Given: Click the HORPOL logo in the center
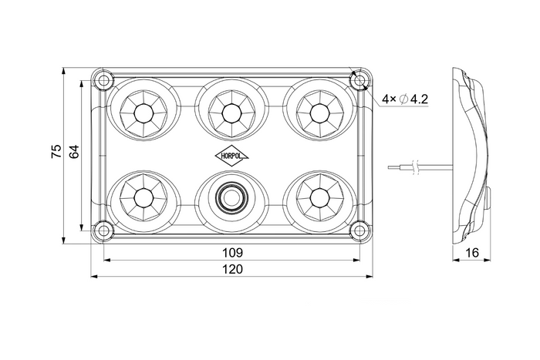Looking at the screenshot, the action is pyautogui.click(x=231, y=156).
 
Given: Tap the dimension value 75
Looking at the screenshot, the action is pyautogui.click(x=56, y=151).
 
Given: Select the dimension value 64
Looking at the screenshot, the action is pyautogui.click(x=74, y=151).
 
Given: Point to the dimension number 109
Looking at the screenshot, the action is pyautogui.click(x=232, y=253).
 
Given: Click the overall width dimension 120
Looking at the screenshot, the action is pyautogui.click(x=232, y=269).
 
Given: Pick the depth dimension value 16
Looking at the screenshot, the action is pyautogui.click(x=472, y=253).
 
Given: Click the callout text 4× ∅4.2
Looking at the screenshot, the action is pyautogui.click(x=405, y=99).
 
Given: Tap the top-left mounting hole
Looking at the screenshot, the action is pyautogui.click(x=103, y=81).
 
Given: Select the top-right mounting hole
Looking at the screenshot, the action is pyautogui.click(x=359, y=81).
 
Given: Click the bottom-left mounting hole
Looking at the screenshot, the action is pyautogui.click(x=103, y=229).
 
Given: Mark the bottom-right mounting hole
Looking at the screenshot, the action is pyautogui.click(x=359, y=229).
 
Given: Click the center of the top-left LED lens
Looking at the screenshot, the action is pyautogui.click(x=143, y=113).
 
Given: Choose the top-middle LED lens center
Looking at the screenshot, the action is pyautogui.click(x=231, y=113).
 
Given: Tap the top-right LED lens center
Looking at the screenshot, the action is pyautogui.click(x=319, y=113).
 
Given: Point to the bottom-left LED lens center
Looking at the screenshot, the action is pyautogui.click(x=143, y=198).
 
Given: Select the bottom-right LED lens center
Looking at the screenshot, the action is pyautogui.click(x=319, y=198).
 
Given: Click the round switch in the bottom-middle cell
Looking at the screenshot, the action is pyautogui.click(x=231, y=198).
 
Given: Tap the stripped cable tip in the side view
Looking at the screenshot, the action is pyautogui.click(x=393, y=167).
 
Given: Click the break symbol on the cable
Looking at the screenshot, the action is pyautogui.click(x=416, y=167).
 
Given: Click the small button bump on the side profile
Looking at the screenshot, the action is pyautogui.click(x=489, y=198).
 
